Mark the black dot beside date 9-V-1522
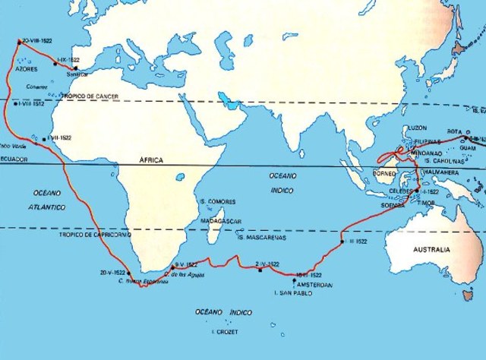pos(173,267)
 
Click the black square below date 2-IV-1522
pos(259,271)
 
